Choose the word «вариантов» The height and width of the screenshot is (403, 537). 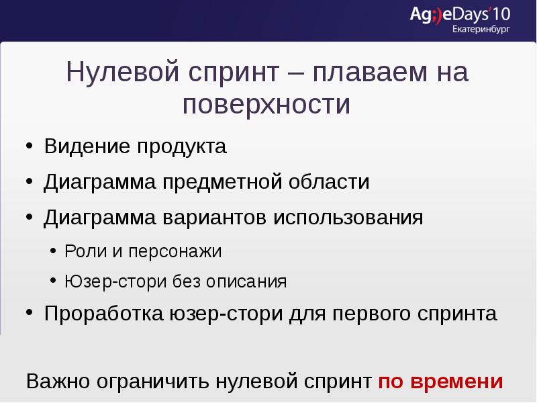tap(216, 218)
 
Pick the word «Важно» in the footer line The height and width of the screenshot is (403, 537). tap(58, 382)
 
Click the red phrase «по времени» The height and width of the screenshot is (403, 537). tap(440, 382)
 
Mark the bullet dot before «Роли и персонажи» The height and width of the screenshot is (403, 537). tap(54, 251)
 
